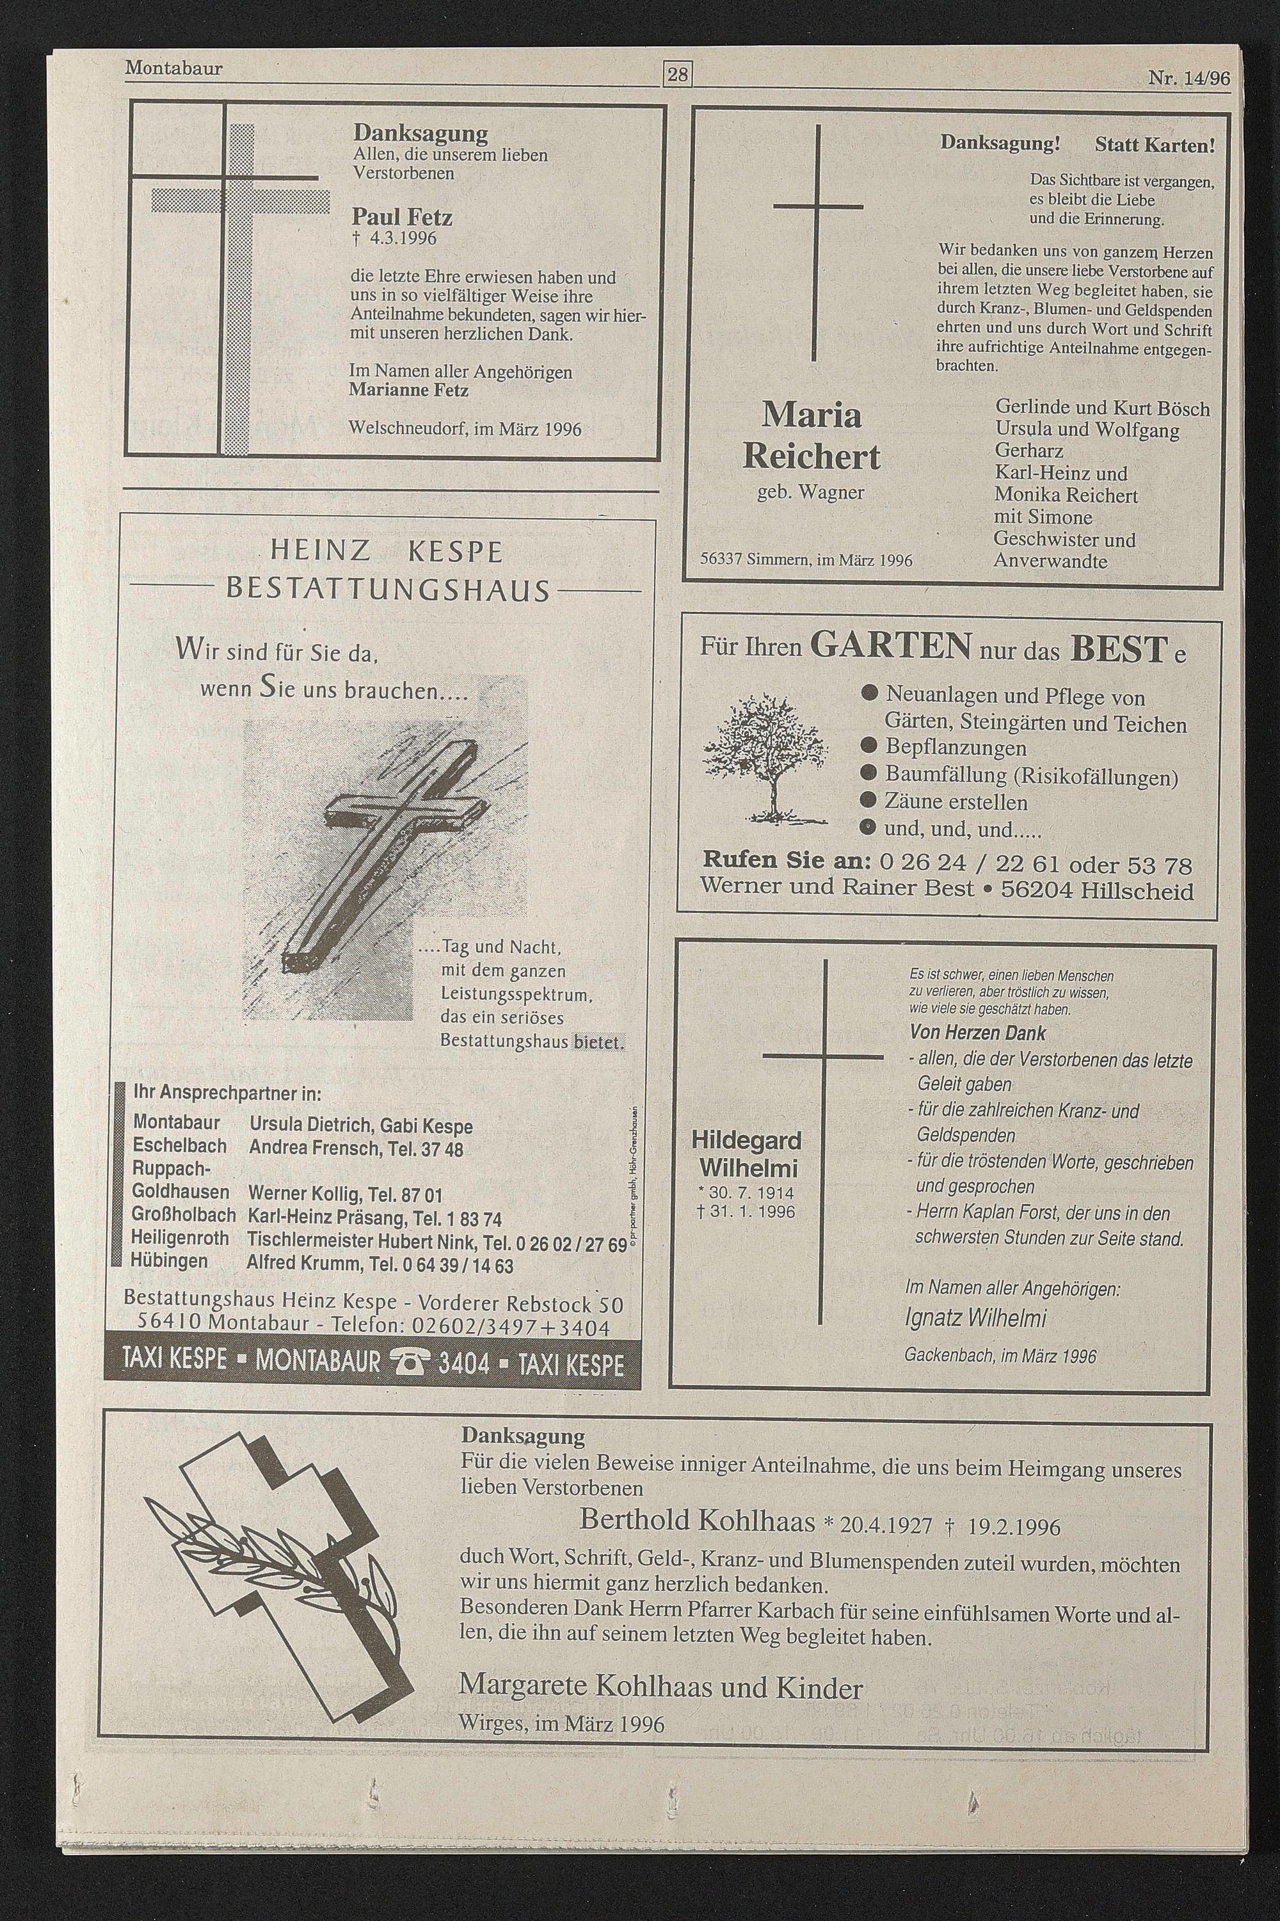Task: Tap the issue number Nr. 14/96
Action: click(1188, 78)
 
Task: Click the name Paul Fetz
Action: click(402, 217)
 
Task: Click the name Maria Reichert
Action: click(812, 436)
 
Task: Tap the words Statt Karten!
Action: click(1155, 145)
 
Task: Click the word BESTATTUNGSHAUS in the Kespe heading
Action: click(388, 590)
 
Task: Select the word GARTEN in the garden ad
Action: click(891, 645)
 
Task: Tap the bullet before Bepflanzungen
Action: click(869, 747)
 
